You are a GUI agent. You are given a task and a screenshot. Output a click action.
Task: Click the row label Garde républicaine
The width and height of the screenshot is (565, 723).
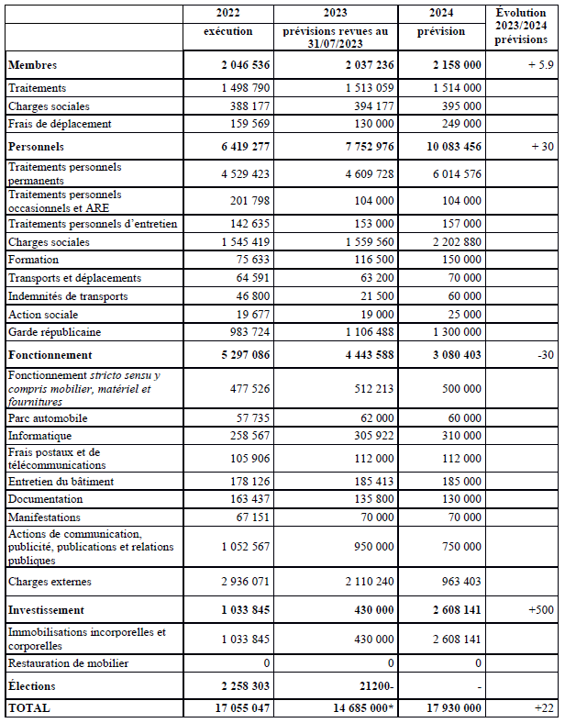tap(54, 331)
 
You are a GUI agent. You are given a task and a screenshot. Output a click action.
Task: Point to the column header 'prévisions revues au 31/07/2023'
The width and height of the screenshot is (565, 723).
tap(335, 38)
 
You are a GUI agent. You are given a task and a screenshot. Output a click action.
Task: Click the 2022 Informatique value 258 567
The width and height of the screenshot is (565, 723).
tap(246, 436)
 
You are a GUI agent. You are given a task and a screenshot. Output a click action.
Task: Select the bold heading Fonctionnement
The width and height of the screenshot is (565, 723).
tap(50, 354)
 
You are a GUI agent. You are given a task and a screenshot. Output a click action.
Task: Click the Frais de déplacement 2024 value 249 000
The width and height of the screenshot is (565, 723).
tap(456, 124)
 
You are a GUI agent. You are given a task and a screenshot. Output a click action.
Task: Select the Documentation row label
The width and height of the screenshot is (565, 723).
tap(46, 499)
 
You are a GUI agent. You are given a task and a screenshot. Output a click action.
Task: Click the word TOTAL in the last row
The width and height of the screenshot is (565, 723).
tap(29, 708)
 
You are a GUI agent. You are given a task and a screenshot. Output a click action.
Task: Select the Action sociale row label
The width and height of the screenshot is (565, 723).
tap(40, 314)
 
